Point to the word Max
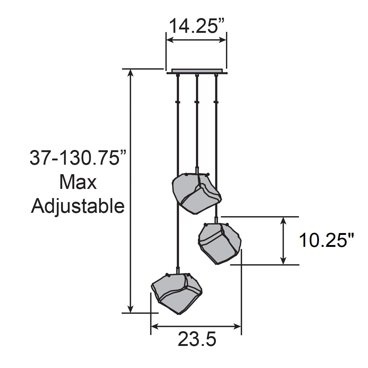(x=78, y=183)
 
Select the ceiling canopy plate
(x=197, y=71)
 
